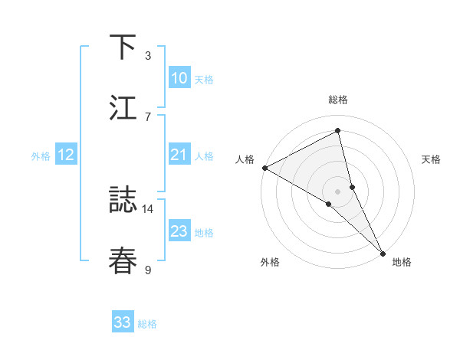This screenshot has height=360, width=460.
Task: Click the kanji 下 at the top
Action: tap(123, 47)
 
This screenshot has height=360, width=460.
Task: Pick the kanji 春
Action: tap(123, 260)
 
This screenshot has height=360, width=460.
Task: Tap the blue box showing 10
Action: tap(179, 78)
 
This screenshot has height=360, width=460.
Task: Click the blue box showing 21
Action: tap(179, 155)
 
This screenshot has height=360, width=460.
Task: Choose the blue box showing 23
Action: tap(179, 231)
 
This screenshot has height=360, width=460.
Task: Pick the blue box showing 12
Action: tap(66, 155)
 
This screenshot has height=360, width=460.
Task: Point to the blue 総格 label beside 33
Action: tap(147, 324)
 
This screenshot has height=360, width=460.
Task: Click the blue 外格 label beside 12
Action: tap(41, 155)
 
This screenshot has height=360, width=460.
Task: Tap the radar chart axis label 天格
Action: tap(432, 159)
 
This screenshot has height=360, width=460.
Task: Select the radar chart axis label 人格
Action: tap(245, 159)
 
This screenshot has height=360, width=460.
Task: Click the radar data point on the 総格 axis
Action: tap(338, 131)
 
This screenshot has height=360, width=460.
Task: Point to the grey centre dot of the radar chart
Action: tap(338, 191)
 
